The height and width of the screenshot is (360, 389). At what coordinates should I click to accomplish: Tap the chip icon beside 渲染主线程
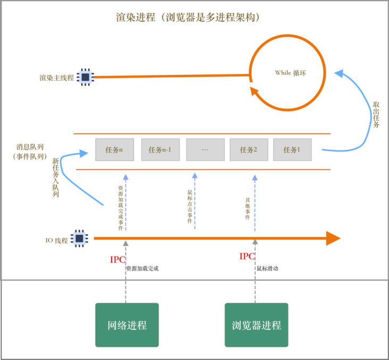[85, 78]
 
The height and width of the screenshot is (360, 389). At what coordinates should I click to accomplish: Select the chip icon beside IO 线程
[80, 239]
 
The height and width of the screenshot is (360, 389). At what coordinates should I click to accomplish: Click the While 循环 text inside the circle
[290, 73]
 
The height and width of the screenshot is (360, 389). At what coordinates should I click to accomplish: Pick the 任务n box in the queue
[115, 150]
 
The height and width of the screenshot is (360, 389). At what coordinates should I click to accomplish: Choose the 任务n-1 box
[160, 150]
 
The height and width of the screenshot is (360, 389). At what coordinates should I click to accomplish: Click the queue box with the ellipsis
[205, 150]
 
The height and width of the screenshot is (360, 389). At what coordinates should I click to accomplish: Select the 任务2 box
[249, 150]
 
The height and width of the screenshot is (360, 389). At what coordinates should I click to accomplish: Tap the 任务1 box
[292, 150]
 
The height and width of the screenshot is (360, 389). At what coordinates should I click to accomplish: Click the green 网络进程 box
[127, 325]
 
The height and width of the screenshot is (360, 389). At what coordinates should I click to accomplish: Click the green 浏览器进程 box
[256, 325]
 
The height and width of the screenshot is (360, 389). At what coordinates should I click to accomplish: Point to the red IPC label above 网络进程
[117, 260]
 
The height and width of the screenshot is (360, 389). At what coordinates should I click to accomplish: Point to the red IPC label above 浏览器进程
[247, 256]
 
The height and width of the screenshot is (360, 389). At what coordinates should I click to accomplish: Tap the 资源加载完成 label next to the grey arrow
[142, 269]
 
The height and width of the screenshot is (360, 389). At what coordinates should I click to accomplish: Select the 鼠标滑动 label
[267, 269]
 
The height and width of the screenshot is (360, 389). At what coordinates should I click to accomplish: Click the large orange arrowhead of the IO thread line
[333, 239]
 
